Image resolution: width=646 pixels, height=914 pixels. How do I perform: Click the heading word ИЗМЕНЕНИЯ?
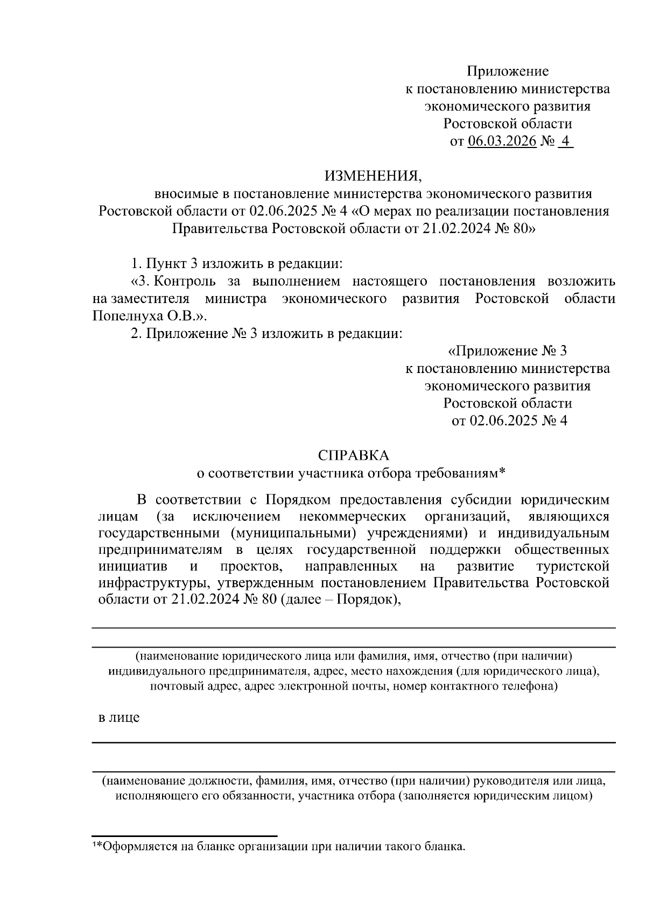click(x=370, y=176)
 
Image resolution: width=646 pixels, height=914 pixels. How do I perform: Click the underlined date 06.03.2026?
click(x=502, y=141)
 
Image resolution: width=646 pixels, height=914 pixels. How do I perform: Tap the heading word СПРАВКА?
click(x=353, y=455)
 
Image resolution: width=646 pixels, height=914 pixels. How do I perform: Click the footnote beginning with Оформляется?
click(x=280, y=847)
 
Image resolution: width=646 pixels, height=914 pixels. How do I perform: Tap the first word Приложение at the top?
click(x=507, y=71)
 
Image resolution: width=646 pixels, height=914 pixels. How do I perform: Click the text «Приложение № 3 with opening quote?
click(x=507, y=351)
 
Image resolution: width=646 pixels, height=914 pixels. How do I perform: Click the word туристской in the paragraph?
click(x=573, y=566)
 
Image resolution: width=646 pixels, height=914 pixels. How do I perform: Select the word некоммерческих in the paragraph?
click(x=352, y=517)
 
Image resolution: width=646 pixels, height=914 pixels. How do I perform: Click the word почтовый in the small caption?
click(x=172, y=686)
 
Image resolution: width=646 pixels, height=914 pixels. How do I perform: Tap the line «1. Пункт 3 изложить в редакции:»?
click(x=237, y=264)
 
